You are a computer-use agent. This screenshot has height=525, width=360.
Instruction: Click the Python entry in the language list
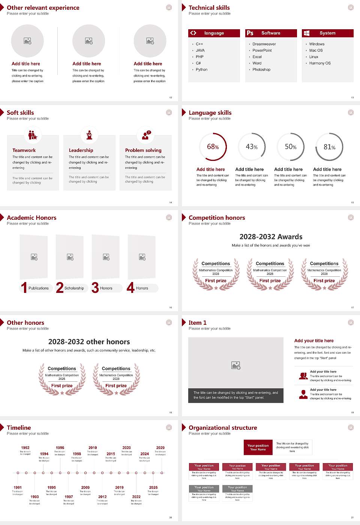[201, 70]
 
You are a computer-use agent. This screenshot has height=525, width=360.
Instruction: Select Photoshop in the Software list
[261, 70]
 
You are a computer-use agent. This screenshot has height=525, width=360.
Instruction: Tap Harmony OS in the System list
[320, 63]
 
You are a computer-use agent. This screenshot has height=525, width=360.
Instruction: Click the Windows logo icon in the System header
[306, 33]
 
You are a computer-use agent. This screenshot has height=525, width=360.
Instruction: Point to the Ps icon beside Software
[250, 33]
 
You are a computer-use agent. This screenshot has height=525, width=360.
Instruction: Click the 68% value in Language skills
[213, 147]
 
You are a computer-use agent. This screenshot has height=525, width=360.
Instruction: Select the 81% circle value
[329, 147]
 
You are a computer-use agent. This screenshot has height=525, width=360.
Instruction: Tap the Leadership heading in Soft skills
[81, 150]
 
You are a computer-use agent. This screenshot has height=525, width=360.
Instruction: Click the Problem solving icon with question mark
[145, 135]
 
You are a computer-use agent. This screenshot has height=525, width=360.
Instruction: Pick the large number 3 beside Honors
[95, 288]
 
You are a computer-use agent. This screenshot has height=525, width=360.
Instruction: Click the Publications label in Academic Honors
[39, 288]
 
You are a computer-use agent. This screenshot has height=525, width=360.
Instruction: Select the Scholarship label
[74, 288]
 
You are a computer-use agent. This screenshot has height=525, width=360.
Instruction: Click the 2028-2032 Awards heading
[271, 237]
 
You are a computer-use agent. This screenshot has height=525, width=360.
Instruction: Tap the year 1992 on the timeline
[25, 448]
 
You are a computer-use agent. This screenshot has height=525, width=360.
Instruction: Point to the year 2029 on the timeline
[160, 448]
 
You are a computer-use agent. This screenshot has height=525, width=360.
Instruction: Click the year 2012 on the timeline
[102, 497]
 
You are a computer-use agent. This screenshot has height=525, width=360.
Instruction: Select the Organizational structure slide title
[223, 427]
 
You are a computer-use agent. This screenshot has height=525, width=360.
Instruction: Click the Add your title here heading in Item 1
[314, 341]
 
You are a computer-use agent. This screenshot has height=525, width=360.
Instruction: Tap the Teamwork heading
[24, 150]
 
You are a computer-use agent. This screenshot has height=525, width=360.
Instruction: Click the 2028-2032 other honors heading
[89, 342]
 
